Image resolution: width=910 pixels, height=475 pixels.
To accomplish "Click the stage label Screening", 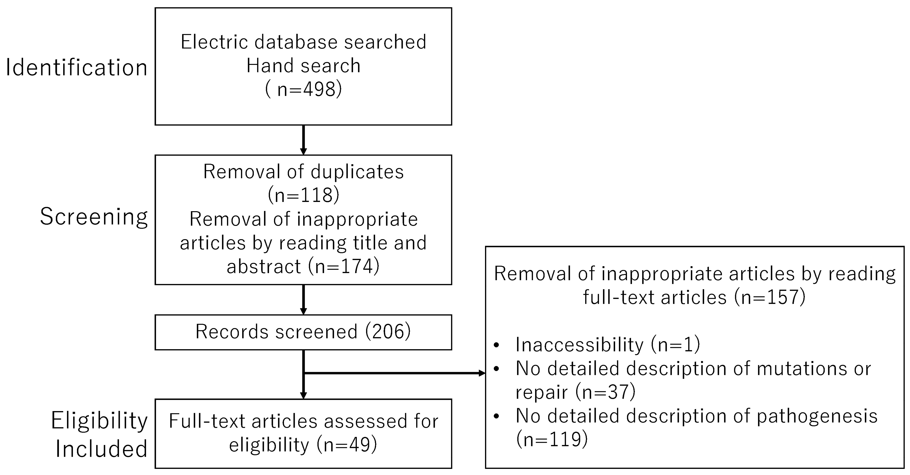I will [x=94, y=217].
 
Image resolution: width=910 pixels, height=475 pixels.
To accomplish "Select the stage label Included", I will [x=101, y=449].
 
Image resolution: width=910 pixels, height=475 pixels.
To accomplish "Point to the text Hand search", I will [x=303, y=66].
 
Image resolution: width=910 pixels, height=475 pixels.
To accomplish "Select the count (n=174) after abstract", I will [x=344, y=266].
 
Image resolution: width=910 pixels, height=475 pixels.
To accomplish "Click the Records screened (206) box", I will [x=303, y=332].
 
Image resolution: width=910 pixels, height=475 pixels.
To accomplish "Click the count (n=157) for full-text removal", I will [x=770, y=297].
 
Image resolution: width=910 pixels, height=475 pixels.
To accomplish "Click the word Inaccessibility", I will [x=579, y=345].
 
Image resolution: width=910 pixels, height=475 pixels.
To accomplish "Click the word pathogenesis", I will [x=817, y=416].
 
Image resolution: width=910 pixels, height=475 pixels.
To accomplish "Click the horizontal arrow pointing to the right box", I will [x=394, y=373].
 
